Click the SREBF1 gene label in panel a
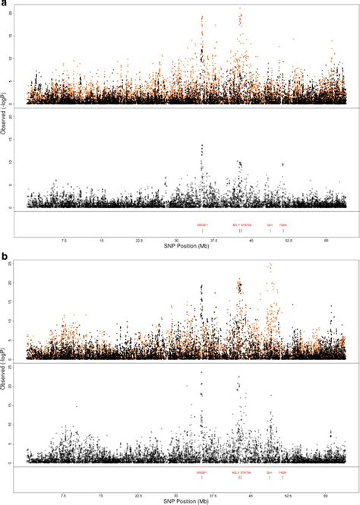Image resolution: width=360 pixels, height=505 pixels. [202, 225]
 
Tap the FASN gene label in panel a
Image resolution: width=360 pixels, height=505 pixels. [283, 225]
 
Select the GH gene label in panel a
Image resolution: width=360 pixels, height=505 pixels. [270, 225]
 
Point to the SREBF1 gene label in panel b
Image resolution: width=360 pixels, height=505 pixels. [202, 472]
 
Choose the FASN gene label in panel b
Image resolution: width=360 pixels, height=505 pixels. [283, 472]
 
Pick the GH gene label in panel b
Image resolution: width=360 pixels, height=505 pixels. [270, 472]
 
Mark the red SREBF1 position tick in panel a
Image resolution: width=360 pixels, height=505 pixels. [202, 231]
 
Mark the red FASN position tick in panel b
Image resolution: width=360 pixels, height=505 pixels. [283, 478]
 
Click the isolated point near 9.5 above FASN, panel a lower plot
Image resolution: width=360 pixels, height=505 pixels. [283, 164]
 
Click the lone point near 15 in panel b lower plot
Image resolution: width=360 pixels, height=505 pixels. [77, 406]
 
